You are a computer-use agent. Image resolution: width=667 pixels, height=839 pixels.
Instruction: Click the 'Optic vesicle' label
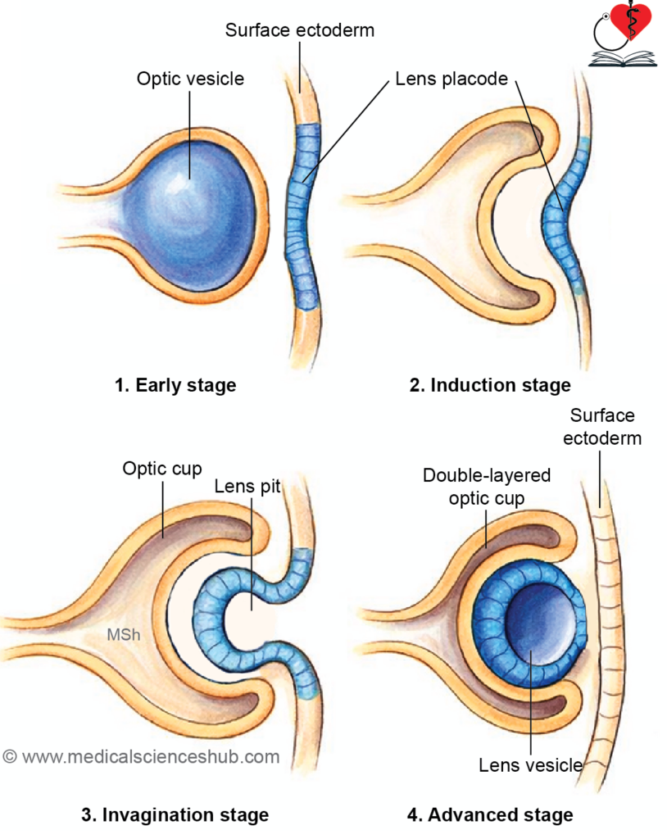pyautogui.click(x=190, y=79)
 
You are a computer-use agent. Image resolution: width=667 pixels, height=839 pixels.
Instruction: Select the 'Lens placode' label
pyautogui.click(x=451, y=79)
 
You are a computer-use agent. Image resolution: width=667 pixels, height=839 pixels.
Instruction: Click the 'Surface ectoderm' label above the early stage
pyautogui.click(x=299, y=31)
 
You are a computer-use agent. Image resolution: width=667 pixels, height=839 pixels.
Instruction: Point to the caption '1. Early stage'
pyautogui.click(x=175, y=384)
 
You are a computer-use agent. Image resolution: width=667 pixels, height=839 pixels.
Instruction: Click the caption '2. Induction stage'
pyautogui.click(x=490, y=384)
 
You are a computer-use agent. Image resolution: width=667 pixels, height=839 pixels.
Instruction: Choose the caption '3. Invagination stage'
pyautogui.click(x=175, y=814)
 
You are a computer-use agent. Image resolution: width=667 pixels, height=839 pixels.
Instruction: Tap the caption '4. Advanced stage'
pyautogui.click(x=490, y=814)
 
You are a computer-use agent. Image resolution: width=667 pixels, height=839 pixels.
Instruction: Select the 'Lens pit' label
pyautogui.click(x=247, y=487)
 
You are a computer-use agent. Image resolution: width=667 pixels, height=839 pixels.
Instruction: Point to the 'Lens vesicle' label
pyautogui.click(x=530, y=765)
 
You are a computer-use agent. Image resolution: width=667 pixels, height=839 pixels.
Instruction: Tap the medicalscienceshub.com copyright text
pyautogui.click(x=141, y=756)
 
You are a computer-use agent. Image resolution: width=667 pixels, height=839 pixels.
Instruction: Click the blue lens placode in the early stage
pyautogui.click(x=304, y=217)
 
